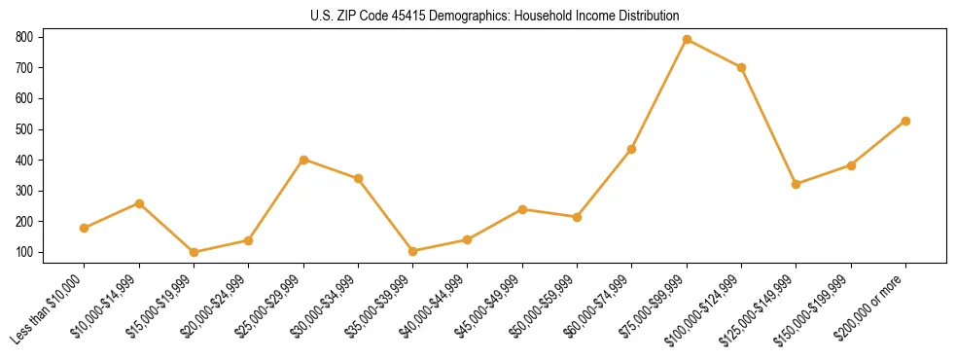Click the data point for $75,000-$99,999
coord(687,40)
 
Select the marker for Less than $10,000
coord(85,228)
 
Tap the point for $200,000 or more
coord(905,121)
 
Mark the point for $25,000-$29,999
coord(303,160)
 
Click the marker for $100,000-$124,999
coord(741,67)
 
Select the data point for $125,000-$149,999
coord(797,184)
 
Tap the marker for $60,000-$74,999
coord(632,149)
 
